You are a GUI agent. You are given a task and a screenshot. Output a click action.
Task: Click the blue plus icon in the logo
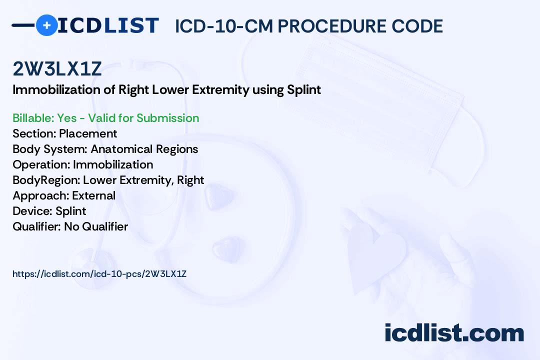[x=46, y=25]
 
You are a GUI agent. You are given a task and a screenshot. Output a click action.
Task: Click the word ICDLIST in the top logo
[x=108, y=25]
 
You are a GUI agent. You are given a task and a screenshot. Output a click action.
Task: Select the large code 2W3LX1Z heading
[x=57, y=68]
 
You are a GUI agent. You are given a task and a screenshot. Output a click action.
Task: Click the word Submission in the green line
[x=167, y=118]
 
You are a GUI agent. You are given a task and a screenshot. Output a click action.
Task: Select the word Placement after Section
[x=88, y=133]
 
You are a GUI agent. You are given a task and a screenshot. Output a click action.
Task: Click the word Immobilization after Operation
[x=113, y=164]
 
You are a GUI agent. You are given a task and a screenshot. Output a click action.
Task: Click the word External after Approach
[x=93, y=195]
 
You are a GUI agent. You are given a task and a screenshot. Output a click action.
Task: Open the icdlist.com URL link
[x=99, y=274]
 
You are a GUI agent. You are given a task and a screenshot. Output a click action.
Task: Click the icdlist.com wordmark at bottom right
[x=454, y=333]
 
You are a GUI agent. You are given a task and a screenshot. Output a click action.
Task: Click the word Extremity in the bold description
[x=220, y=90]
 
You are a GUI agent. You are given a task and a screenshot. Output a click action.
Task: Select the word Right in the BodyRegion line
[x=190, y=180]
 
